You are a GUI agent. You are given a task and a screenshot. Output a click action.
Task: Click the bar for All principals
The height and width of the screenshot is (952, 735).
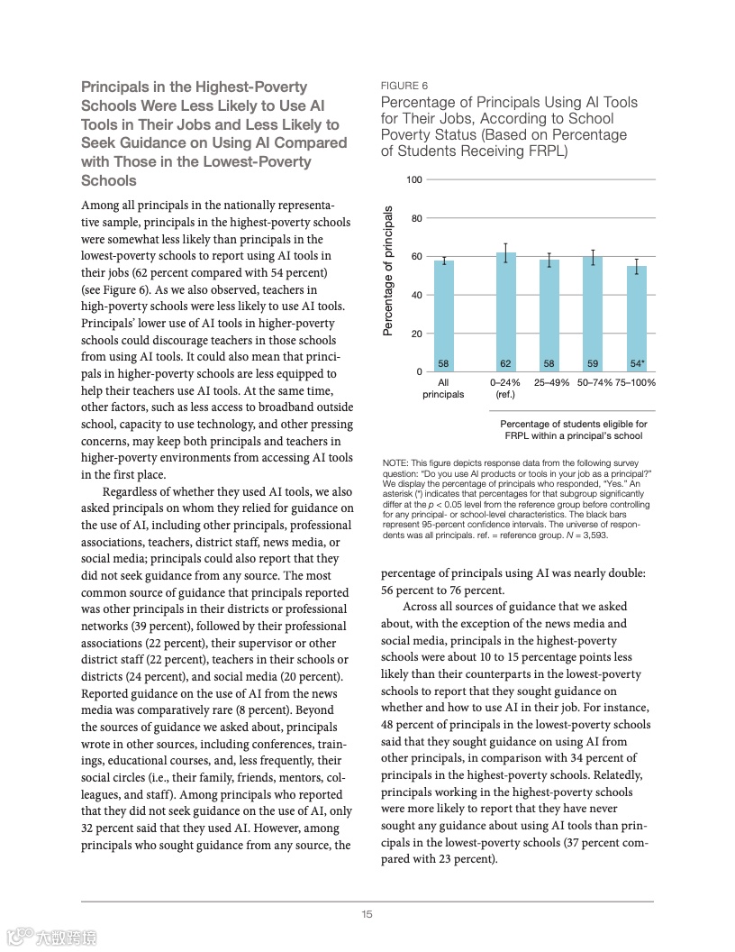443,316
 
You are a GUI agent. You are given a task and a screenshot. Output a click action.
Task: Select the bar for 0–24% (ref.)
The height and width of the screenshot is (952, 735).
506,312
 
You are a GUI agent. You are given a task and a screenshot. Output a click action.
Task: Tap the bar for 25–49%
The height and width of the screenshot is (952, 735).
549,316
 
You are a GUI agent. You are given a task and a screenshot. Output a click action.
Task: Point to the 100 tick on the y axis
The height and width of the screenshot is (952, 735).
414,180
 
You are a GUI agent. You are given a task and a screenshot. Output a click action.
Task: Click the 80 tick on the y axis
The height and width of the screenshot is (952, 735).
416,218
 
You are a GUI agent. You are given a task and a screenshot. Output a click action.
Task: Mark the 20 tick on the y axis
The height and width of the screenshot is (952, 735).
416,334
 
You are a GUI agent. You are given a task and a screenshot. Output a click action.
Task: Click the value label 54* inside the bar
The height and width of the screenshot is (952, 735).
637,363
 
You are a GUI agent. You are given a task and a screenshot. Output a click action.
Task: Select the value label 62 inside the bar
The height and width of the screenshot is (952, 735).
506,363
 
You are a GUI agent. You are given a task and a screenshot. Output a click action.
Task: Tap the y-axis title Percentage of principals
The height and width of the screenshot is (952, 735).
389,271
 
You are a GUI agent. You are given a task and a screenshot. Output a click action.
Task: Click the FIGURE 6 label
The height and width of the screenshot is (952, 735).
404,86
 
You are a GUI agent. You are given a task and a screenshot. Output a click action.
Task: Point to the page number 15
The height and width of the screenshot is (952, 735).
367,914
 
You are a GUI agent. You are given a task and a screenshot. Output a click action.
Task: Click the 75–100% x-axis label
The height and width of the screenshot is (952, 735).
636,382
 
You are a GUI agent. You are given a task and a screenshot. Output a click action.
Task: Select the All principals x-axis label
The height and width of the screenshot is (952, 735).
443,388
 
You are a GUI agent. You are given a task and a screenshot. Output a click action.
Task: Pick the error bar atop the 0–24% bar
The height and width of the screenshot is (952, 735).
506,252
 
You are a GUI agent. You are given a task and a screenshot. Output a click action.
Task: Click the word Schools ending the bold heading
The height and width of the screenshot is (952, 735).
109,180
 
